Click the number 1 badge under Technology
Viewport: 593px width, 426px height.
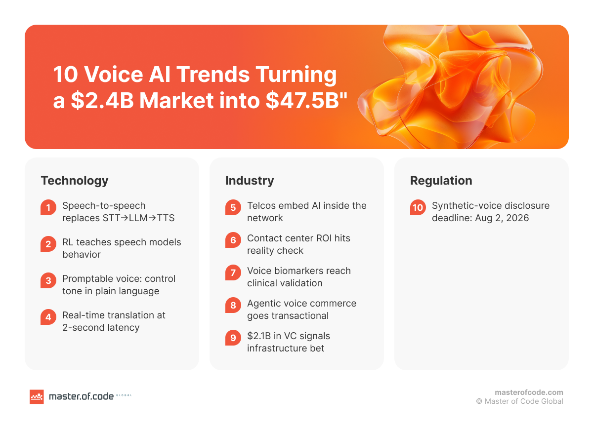pos(48,208)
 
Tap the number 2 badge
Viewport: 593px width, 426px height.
pos(48,244)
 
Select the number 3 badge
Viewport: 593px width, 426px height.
pos(48,281)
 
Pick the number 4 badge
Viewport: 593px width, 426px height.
pos(48,317)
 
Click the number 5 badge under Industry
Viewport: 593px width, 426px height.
pos(233,208)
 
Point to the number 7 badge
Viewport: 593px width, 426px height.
pos(233,273)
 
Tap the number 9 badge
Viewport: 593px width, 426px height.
pos(233,338)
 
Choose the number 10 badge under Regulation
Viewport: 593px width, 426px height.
pos(418,208)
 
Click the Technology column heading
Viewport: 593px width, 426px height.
pos(74,181)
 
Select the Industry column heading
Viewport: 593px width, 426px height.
pos(249,181)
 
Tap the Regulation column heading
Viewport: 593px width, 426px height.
pos(441,181)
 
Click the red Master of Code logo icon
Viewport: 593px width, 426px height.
pos(37,396)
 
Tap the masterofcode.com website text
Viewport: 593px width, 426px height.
pos(529,392)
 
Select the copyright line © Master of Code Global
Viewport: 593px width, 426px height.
pos(519,401)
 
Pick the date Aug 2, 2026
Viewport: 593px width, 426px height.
pos(500,218)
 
